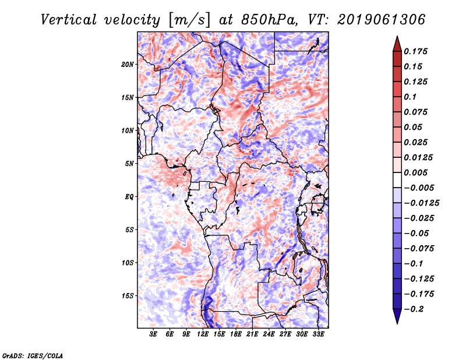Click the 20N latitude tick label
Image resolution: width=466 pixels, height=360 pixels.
click(x=128, y=64)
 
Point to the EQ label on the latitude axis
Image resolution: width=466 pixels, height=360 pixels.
click(x=129, y=197)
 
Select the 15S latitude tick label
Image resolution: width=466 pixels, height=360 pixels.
click(x=128, y=296)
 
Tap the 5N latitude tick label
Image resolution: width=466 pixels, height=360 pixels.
click(x=129, y=164)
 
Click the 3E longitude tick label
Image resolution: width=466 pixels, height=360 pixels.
click(x=154, y=334)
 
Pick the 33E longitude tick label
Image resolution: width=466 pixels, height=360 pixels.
click(x=318, y=334)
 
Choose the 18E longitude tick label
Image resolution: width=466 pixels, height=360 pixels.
click(x=236, y=334)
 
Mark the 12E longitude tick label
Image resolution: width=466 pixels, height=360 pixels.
click(x=203, y=334)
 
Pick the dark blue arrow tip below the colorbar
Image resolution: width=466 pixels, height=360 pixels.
click(x=396, y=319)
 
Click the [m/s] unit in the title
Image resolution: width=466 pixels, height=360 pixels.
click(x=188, y=19)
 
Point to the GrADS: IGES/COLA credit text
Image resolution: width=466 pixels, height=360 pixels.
click(x=32, y=355)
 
